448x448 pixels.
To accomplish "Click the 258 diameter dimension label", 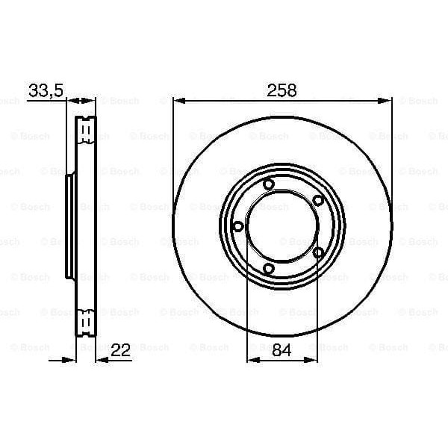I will [283, 90].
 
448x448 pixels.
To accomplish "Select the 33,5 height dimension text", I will [46, 90].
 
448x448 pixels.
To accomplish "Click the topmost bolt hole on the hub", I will [269, 186].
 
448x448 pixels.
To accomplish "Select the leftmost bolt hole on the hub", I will [238, 226].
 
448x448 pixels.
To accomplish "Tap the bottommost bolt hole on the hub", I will [270, 269].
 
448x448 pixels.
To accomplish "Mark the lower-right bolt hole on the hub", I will [318, 253].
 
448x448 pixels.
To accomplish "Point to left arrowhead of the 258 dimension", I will [178, 101].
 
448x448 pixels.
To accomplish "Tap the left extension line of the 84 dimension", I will [247, 314].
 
